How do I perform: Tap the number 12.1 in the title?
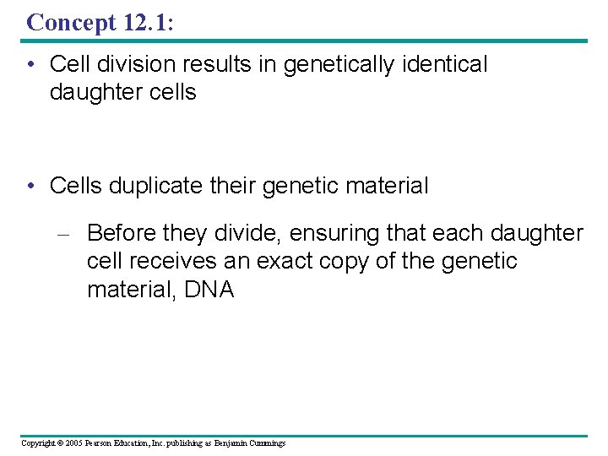[145, 22]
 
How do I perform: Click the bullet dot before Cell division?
[31, 65]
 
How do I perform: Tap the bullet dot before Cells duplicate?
[31, 187]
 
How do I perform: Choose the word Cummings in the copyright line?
[267, 443]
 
